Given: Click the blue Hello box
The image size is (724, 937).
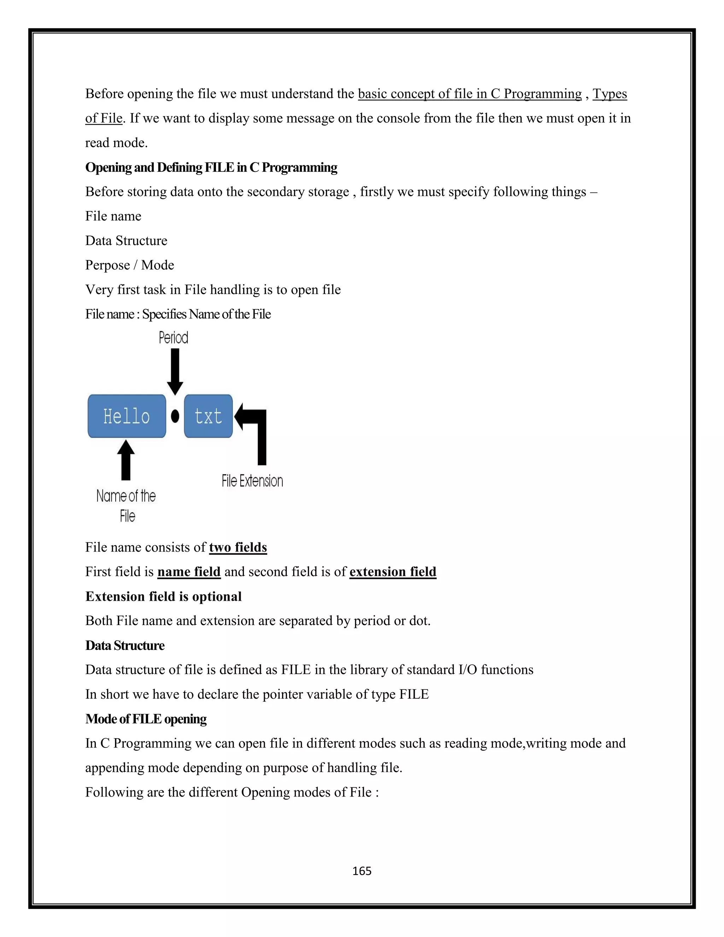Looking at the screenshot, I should click(127, 416).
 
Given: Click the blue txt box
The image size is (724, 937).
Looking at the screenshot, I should click(208, 416).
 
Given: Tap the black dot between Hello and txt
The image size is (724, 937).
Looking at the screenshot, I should click(175, 416).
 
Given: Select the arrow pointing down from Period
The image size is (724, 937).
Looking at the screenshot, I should click(175, 371).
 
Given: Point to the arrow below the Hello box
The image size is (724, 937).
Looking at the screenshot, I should click(125, 460).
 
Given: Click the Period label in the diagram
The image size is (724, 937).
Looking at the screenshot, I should click(173, 338).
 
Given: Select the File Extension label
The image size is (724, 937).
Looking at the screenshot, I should click(252, 481).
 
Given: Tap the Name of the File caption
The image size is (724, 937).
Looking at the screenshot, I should click(126, 505).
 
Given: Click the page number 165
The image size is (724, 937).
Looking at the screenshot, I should click(362, 871).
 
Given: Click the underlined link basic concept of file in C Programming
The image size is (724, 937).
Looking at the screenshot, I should click(470, 94).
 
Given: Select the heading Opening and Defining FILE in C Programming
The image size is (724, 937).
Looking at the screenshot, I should click(211, 167).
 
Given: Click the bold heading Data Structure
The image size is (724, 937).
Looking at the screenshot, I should click(125, 645).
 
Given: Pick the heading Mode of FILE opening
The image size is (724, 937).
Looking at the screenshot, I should click(146, 718).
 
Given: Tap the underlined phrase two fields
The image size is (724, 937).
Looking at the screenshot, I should click(238, 547).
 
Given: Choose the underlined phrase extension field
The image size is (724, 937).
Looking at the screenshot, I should click(393, 572).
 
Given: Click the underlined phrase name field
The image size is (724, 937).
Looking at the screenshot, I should click(189, 572).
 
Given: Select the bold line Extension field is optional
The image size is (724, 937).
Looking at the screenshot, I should click(163, 596).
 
